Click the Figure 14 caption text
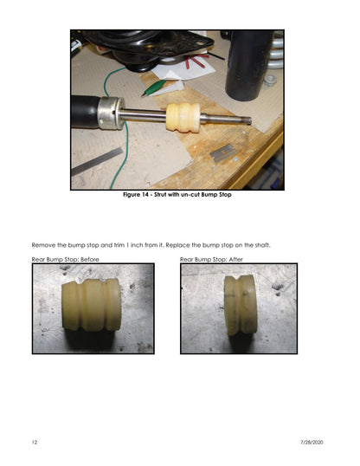(x=177, y=195)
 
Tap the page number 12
(x=35, y=443)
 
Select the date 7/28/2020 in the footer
(x=312, y=443)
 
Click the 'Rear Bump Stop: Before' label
(x=66, y=260)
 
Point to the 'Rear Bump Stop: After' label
(x=211, y=260)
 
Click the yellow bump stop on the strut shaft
(x=183, y=117)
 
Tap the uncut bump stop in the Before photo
(x=92, y=305)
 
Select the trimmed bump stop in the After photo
(x=241, y=305)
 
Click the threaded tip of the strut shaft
(x=247, y=120)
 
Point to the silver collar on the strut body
(x=111, y=113)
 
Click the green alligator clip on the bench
(x=153, y=88)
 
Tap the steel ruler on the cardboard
(x=97, y=161)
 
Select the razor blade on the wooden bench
(x=223, y=152)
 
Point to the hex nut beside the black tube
(x=270, y=81)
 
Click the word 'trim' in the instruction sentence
(x=119, y=245)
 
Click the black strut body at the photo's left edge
(x=86, y=111)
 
